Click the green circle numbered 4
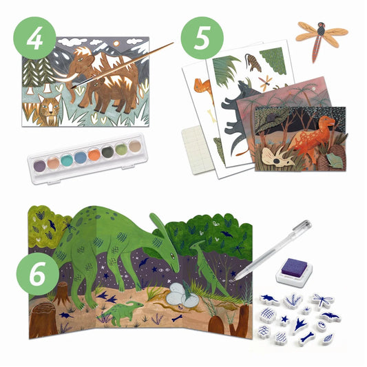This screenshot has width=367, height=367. click(x=34, y=38)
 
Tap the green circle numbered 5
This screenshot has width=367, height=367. click(x=202, y=38)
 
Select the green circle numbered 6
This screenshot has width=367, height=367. click(x=38, y=274)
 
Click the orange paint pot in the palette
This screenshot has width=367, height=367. click(x=94, y=155)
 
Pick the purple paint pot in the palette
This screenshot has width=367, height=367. click(x=39, y=165)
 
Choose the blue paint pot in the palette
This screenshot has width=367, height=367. click(x=81, y=157)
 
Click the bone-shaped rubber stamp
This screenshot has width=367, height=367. click(x=307, y=337)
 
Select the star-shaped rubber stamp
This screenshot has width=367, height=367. click(x=285, y=319)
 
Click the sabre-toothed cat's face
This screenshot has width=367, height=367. click(x=50, y=108)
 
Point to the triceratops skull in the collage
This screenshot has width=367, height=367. click(x=279, y=157)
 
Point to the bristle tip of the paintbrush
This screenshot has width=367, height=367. click(x=75, y=85)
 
